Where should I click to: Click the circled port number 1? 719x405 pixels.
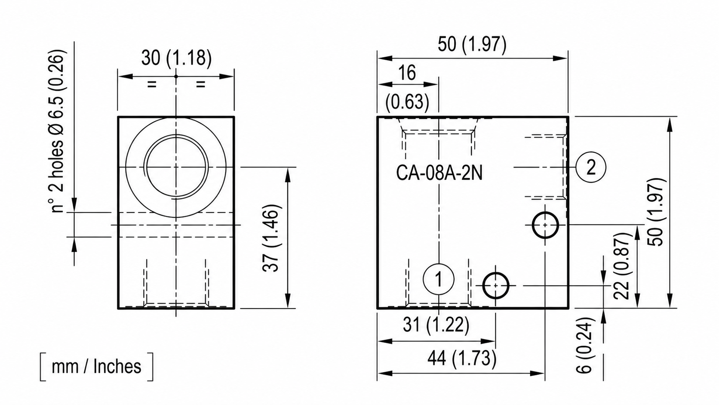439,279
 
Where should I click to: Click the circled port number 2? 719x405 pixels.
590,167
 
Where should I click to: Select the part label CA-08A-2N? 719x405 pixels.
439,173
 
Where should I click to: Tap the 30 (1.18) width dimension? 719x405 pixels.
177,58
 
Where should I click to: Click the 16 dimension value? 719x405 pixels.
407,73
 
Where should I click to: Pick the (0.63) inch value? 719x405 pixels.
407,102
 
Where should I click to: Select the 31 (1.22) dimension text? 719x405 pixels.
436,325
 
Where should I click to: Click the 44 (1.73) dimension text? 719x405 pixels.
462,358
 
